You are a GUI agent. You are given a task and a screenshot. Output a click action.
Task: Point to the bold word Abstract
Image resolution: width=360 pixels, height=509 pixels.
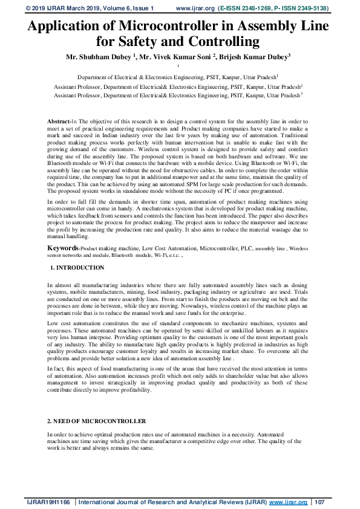pos(59,122)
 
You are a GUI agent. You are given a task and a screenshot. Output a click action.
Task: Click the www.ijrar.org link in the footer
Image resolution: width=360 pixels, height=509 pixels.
pos(287,502)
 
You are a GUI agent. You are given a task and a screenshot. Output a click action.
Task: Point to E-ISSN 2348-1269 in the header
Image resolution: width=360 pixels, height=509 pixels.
pos(246,9)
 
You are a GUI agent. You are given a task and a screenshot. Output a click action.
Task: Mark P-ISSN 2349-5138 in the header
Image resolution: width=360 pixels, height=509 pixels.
pos(301,9)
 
